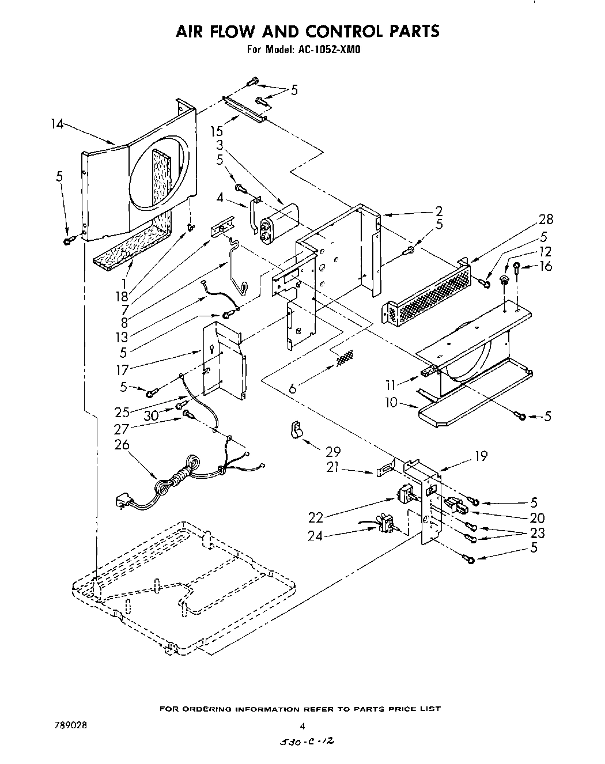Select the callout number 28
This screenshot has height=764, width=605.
546,219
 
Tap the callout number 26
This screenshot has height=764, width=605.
122,445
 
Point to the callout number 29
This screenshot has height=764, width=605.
333,452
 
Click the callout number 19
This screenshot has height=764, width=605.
480,456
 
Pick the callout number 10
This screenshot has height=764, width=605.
391,402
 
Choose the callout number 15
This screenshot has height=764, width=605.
216,131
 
